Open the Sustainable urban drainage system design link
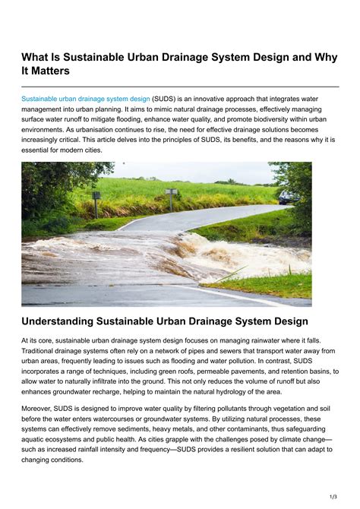click(x=86, y=99)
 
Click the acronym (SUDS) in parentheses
click(x=166, y=99)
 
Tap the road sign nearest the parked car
click(x=171, y=194)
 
